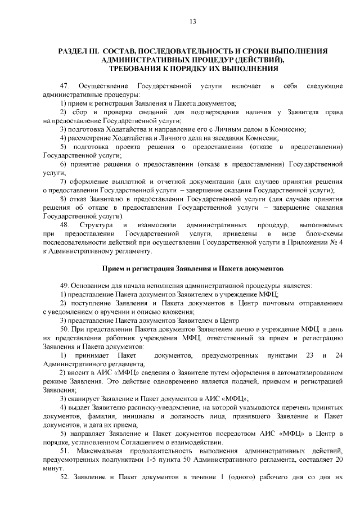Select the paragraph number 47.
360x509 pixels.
click(x=64, y=85)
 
